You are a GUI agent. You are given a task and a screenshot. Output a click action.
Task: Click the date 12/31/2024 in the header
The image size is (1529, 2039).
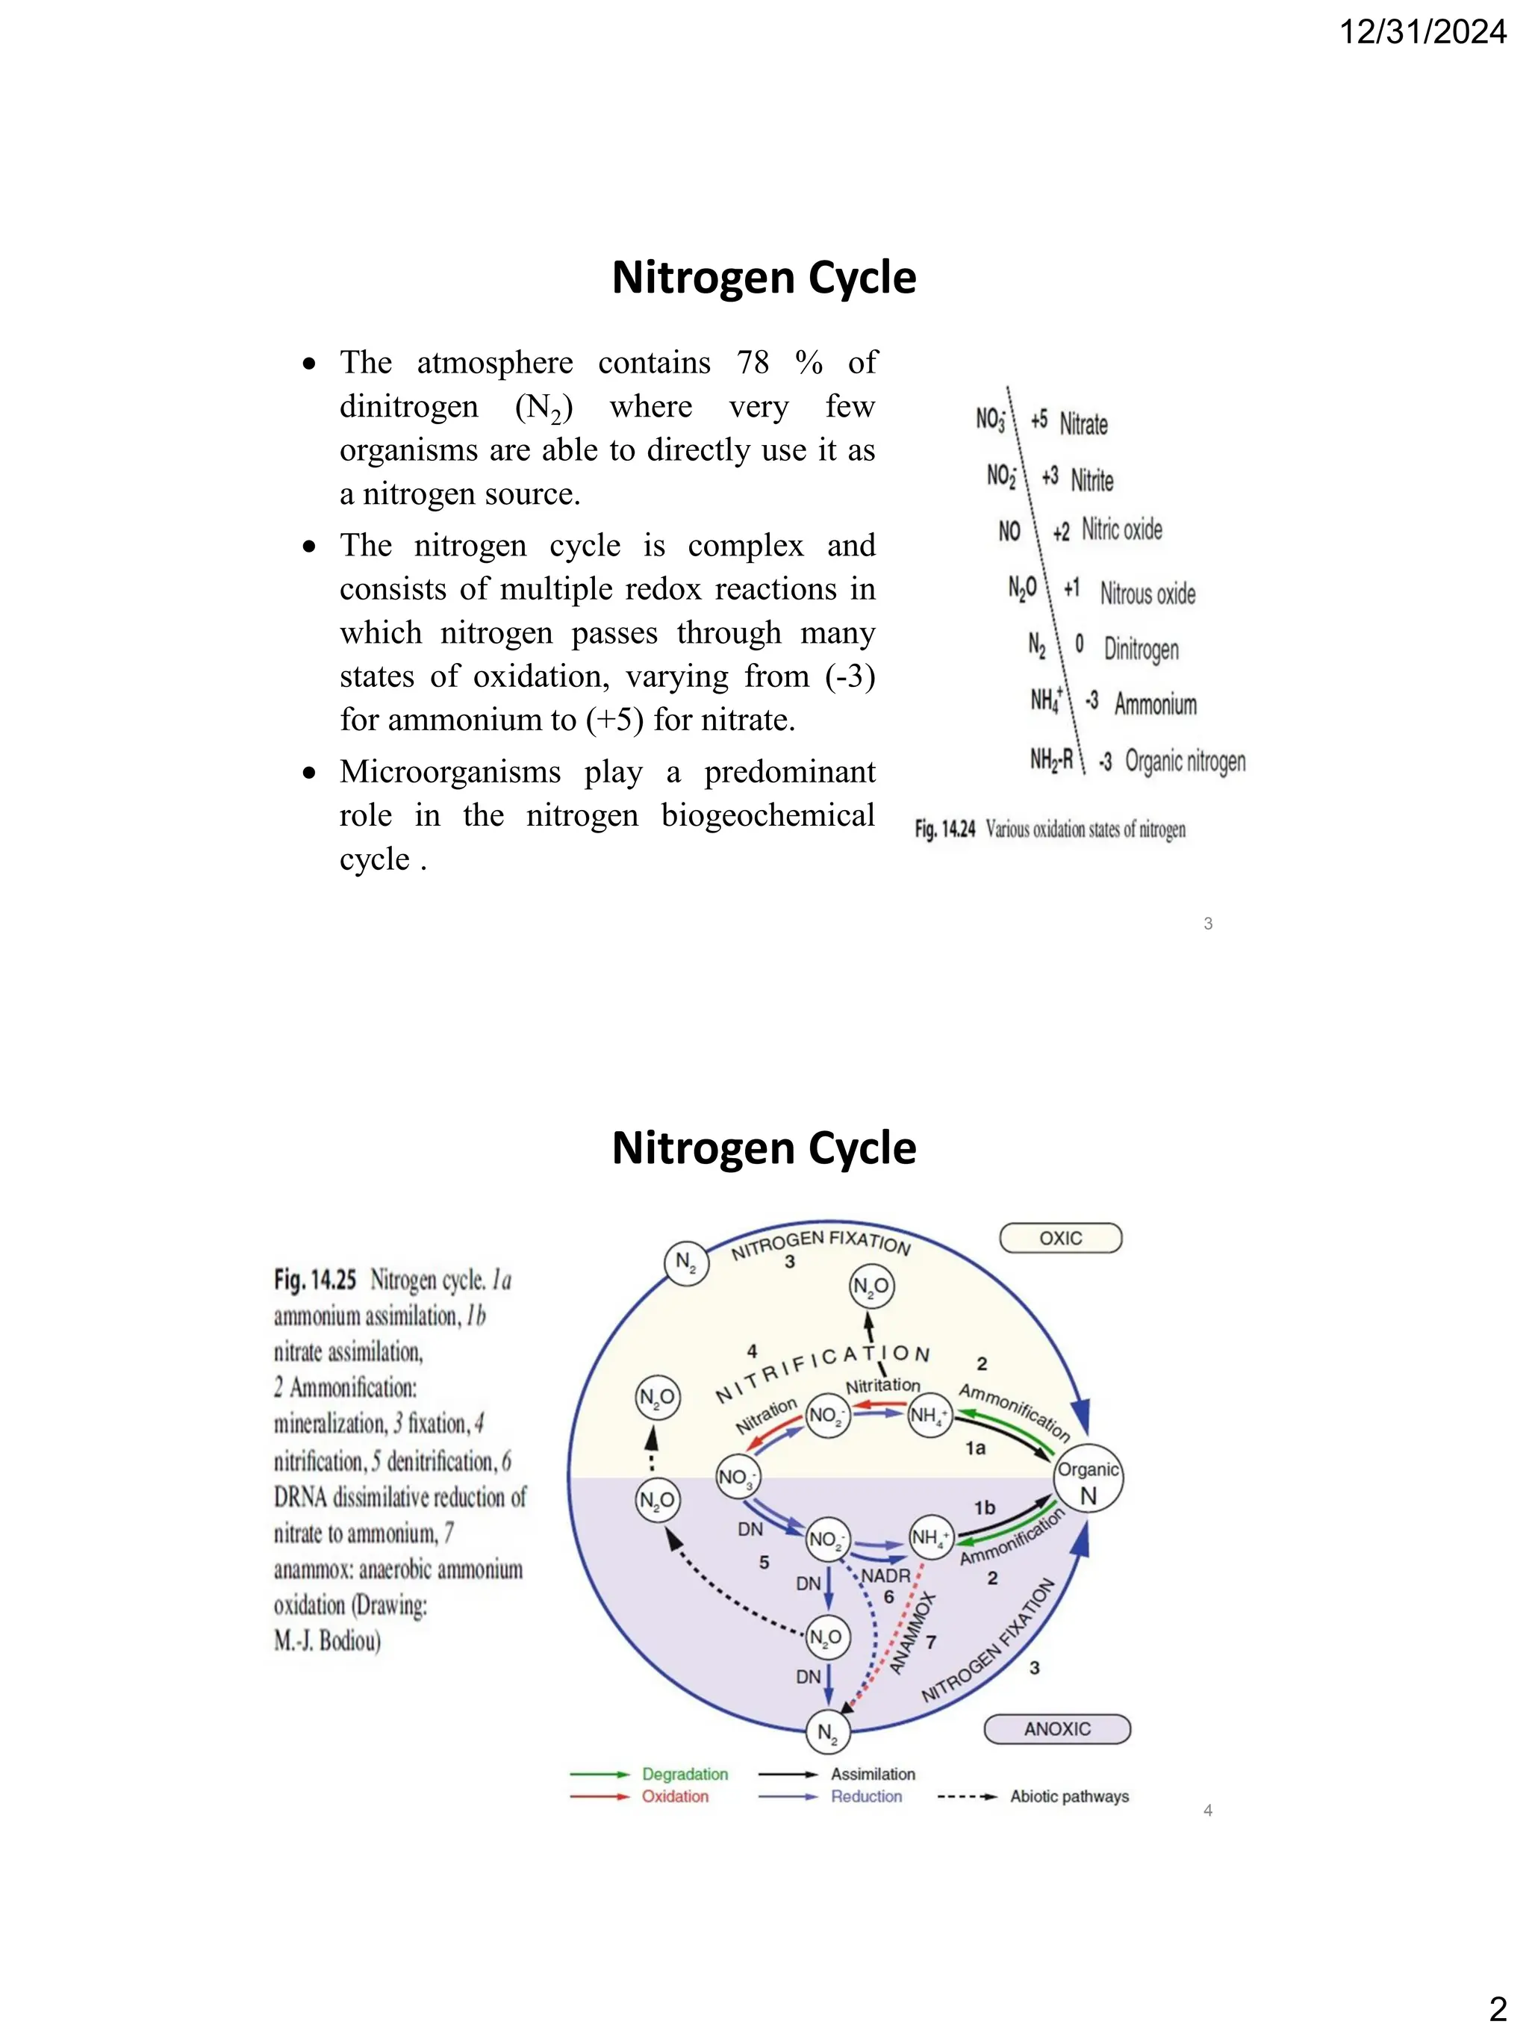click(1422, 32)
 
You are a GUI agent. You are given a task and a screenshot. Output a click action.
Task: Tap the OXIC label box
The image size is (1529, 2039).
click(1060, 1238)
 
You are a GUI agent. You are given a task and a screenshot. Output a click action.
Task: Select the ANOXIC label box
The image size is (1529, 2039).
click(1056, 1729)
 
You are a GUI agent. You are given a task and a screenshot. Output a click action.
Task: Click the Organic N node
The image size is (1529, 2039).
click(1088, 1482)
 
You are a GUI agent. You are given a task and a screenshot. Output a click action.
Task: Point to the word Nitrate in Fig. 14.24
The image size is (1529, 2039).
click(1083, 424)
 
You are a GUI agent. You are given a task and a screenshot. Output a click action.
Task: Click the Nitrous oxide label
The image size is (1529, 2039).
click(1147, 594)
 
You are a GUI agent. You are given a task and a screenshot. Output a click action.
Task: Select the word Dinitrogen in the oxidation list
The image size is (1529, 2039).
click(1141, 649)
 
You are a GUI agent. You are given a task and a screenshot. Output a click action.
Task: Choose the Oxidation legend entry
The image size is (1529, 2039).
click(675, 1796)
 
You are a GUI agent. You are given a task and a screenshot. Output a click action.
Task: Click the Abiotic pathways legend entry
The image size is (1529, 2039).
click(1069, 1796)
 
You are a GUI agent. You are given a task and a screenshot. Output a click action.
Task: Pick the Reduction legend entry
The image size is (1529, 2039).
click(866, 1796)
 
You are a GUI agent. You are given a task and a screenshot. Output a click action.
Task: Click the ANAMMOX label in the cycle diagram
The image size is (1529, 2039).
click(912, 1633)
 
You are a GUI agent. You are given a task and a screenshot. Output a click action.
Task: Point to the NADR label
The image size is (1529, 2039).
click(885, 1576)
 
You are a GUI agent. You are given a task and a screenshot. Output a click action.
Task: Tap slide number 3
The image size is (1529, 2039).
click(1207, 924)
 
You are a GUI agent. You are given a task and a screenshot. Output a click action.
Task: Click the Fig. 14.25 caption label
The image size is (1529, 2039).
click(314, 1280)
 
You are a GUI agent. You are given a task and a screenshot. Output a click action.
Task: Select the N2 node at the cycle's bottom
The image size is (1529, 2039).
click(826, 1733)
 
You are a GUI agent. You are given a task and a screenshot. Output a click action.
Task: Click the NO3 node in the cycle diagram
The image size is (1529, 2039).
click(738, 1478)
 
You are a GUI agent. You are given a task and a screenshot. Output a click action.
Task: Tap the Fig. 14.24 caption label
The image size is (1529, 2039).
click(944, 829)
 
